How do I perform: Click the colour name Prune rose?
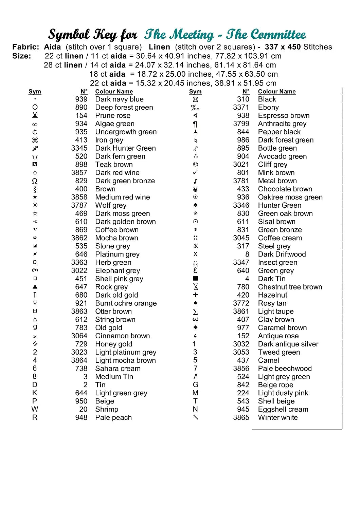[x=112, y=116]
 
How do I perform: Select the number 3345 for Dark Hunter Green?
[x=79, y=148]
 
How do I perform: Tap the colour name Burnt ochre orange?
[x=126, y=303]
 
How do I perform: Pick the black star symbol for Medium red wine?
[x=35, y=197]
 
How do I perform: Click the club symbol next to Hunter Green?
[x=195, y=205]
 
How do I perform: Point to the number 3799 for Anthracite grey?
[x=241, y=124]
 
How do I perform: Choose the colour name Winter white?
[x=277, y=418]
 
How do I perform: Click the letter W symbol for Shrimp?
[x=35, y=409]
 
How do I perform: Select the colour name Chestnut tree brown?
[x=290, y=287]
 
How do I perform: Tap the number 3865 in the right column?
[x=241, y=418]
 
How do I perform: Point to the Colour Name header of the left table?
[x=114, y=92]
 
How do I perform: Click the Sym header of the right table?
[x=195, y=92]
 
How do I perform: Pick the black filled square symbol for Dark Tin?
[x=195, y=279]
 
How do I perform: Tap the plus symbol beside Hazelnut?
[x=195, y=295]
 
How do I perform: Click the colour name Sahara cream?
[x=118, y=369]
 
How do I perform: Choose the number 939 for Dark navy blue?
[x=81, y=99]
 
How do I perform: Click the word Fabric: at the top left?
[x=26, y=47]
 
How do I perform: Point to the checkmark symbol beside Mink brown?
[x=195, y=172]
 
